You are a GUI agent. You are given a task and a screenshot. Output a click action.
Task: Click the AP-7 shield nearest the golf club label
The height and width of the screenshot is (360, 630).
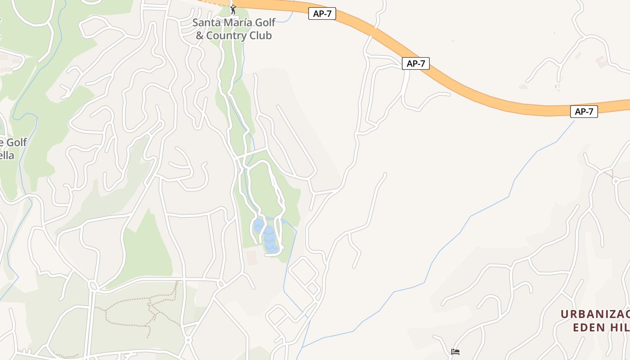tap(322, 13)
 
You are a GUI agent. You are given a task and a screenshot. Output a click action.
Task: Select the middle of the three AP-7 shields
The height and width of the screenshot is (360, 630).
tap(416, 64)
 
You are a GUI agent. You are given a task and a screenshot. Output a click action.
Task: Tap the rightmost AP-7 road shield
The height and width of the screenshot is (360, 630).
tap(584, 112)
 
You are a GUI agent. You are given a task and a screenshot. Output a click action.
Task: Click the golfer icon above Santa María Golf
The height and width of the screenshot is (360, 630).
tap(233, 9)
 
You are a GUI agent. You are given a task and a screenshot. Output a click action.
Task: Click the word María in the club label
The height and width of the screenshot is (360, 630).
tap(243, 22)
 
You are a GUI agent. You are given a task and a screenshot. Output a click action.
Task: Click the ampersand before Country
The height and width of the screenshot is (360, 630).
tap(200, 36)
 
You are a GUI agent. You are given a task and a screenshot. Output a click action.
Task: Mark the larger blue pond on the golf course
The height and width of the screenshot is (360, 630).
tap(269, 238)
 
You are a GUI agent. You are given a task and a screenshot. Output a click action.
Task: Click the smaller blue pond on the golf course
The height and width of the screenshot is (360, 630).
tap(258, 225)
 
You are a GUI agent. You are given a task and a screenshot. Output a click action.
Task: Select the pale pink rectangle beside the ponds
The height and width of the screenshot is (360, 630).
tap(252, 258)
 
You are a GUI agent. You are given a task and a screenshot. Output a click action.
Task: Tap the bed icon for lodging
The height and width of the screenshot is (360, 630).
tap(455, 352)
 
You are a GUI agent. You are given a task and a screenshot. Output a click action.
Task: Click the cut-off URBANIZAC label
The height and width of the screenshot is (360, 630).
tap(595, 314)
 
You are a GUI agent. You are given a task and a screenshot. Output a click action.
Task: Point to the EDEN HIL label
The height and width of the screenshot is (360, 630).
tap(601, 327)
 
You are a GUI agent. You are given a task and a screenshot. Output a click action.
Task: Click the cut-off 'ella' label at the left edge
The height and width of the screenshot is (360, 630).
tap(7, 156)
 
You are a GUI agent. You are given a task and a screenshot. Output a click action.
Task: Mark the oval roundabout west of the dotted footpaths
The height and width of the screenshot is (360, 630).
tap(93, 285)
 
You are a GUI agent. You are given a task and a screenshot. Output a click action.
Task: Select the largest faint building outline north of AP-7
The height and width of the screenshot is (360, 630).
tap(601, 62)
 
